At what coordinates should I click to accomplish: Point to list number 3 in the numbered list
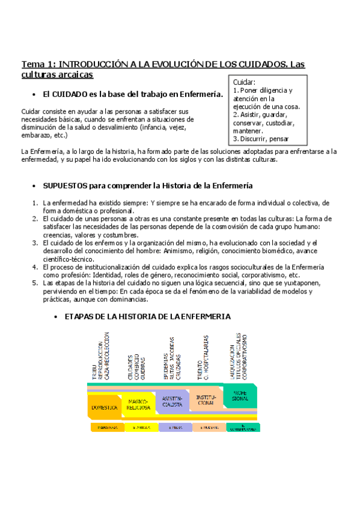(35, 243)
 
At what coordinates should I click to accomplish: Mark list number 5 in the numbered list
(35, 282)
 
